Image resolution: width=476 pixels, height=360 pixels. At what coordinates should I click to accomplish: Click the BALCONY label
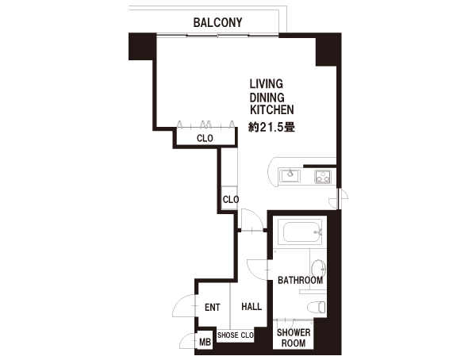click(x=217, y=22)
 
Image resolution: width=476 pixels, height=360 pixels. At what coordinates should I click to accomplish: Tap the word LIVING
click(x=267, y=84)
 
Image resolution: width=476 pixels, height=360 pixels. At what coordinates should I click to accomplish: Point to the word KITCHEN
click(x=271, y=109)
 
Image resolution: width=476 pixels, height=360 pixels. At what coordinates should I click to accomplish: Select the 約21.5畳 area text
click(x=271, y=127)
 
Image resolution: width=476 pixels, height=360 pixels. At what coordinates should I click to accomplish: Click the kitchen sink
click(x=290, y=176)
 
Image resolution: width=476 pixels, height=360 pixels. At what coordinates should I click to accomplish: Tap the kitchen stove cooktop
click(x=323, y=176)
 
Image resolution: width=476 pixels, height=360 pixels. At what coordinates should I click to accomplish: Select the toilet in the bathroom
click(x=317, y=307)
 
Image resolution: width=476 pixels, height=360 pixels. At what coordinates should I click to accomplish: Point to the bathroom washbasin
click(x=319, y=268)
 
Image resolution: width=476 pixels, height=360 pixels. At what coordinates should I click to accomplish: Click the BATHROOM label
click(x=300, y=280)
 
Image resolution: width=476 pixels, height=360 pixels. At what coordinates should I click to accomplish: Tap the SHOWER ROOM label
click(x=294, y=338)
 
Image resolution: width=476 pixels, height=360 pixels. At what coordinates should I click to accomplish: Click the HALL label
click(x=251, y=307)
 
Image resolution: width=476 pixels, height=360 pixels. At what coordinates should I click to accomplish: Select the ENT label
click(x=212, y=308)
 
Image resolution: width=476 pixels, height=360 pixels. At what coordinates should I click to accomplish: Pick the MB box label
click(x=205, y=343)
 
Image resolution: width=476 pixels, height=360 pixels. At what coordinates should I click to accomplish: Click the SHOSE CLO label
click(x=236, y=335)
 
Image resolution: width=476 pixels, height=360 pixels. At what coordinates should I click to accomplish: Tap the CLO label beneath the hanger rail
click(x=205, y=139)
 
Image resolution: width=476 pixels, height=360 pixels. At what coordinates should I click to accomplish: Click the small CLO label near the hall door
click(x=231, y=199)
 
